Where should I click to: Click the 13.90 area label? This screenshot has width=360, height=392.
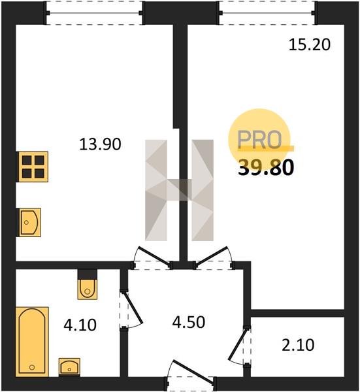(x=100, y=144)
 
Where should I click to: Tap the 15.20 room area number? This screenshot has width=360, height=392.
(x=310, y=45)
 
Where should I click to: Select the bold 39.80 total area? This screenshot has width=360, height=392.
(x=266, y=167)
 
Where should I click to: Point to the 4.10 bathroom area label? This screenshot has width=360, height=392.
(x=80, y=325)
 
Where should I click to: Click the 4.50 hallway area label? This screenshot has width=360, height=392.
(x=189, y=322)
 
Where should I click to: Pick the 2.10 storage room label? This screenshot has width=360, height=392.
(x=298, y=345)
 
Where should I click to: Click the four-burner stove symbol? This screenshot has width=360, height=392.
(x=32, y=167)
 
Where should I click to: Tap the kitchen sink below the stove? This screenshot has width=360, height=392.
(x=29, y=222)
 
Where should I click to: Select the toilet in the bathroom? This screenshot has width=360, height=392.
(x=88, y=289)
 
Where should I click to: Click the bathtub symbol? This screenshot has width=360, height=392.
(x=32, y=342)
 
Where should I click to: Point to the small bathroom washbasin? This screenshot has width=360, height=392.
(x=69, y=367)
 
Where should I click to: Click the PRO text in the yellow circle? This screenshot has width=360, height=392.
(x=259, y=139)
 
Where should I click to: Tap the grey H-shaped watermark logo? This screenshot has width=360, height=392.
(x=179, y=190)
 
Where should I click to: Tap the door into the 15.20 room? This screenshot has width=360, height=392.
(x=212, y=255)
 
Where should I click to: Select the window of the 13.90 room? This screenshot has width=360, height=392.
(x=95, y=13)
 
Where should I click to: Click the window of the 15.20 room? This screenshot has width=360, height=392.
(x=267, y=13)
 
